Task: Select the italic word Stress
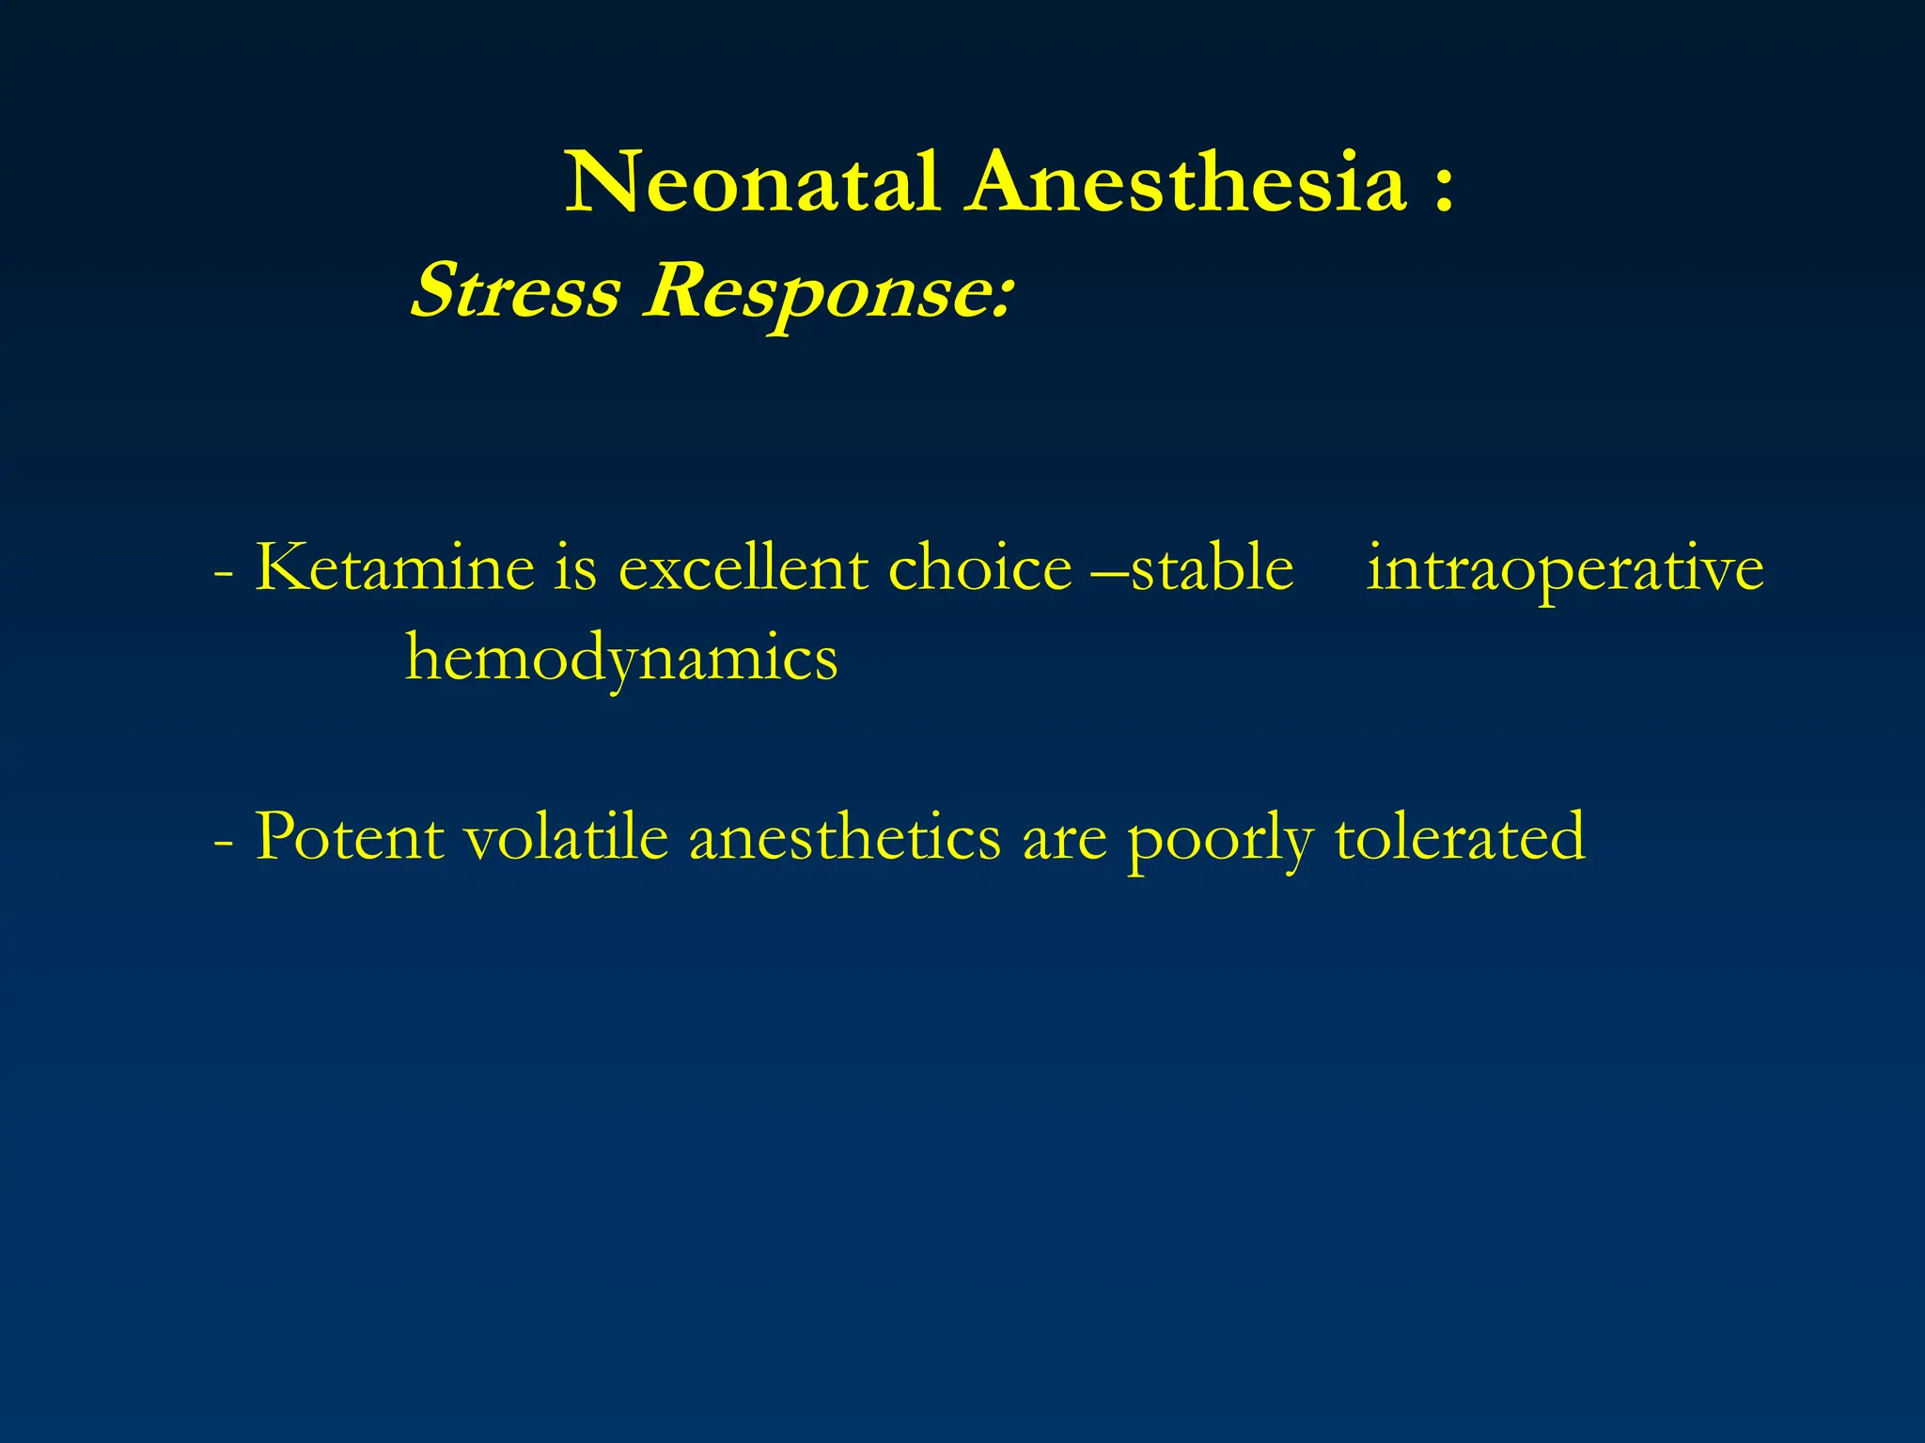tap(516, 290)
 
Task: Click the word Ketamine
tap(395, 568)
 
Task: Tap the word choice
tap(979, 568)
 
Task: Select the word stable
tap(1212, 568)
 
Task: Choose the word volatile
tap(567, 836)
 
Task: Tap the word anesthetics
tap(845, 836)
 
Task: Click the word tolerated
tap(1460, 836)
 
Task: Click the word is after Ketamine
tap(574, 568)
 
